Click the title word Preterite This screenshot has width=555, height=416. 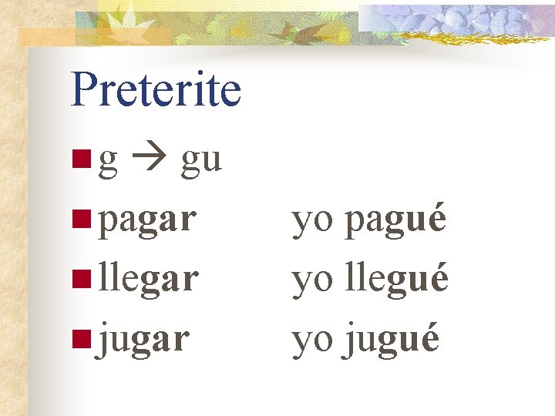(x=156, y=90)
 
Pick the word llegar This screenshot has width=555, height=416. (x=149, y=277)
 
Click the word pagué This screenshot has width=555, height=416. (x=395, y=221)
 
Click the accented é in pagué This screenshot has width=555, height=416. (x=436, y=218)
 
